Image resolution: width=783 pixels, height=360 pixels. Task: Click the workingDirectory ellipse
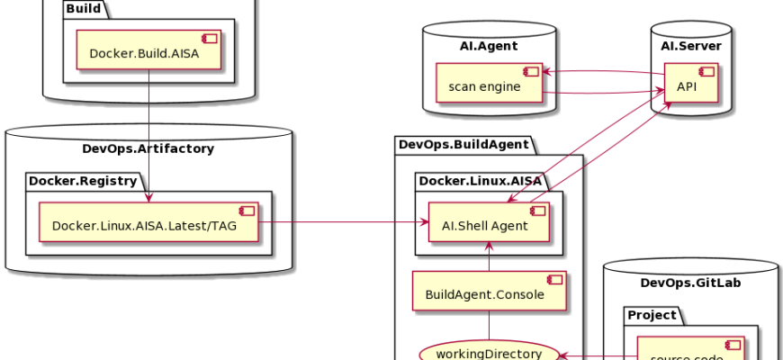click(489, 353)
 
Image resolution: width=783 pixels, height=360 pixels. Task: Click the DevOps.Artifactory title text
click(148, 148)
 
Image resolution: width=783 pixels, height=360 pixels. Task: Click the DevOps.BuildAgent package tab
click(463, 143)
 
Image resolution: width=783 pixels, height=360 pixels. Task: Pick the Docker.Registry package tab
click(82, 180)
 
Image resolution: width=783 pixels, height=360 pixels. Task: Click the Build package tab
click(83, 9)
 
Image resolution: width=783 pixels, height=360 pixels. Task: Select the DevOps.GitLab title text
click(690, 283)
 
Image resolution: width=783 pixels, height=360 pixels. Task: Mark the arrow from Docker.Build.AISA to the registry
click(148, 135)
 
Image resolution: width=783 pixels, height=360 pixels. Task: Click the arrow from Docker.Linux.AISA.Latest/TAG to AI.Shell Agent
click(342, 221)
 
